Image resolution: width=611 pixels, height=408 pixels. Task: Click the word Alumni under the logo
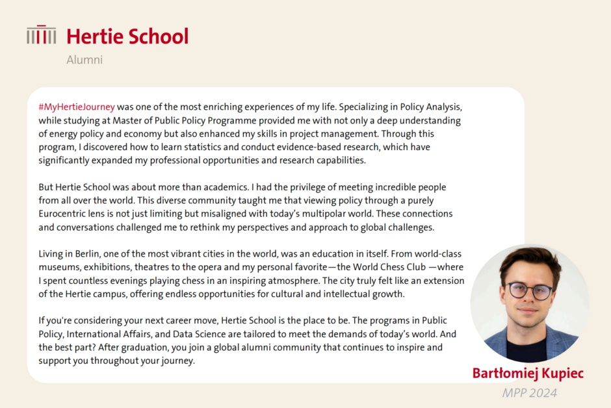[84, 60]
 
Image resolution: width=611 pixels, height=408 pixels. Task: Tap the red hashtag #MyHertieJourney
[77, 107]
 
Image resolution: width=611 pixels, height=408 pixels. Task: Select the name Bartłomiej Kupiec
[528, 374]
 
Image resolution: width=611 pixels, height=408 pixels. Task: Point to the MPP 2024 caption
[529, 392]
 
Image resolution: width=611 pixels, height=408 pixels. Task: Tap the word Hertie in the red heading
[94, 36]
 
